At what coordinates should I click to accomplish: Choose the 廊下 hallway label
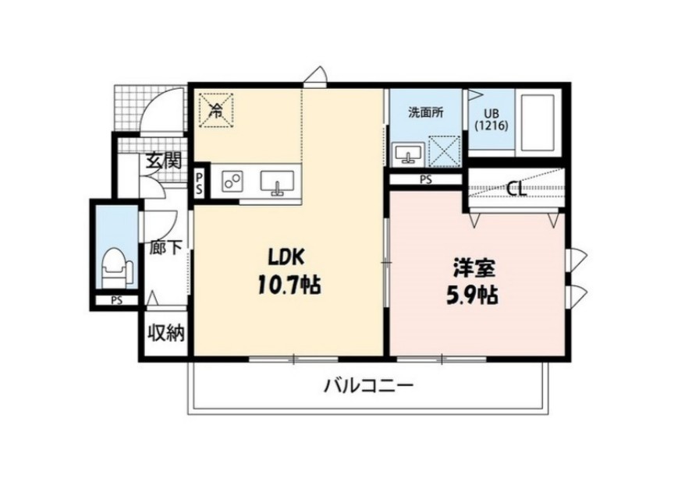pos(165,247)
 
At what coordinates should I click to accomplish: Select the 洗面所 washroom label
pos(425,111)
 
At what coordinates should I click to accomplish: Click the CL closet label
pos(514,188)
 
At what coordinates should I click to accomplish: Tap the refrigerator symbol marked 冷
pos(215,109)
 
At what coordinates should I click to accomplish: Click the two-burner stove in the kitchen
pos(232,182)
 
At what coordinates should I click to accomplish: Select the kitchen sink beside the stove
pos(276,183)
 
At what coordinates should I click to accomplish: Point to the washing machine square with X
pos(443,150)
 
